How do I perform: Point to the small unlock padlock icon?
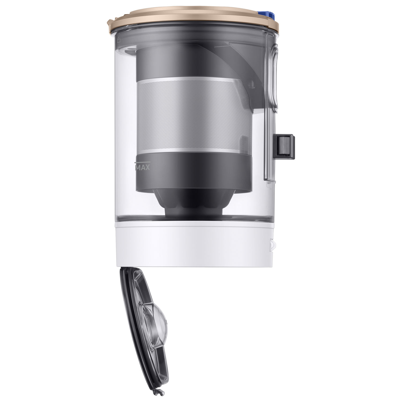click(x=119, y=40)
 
